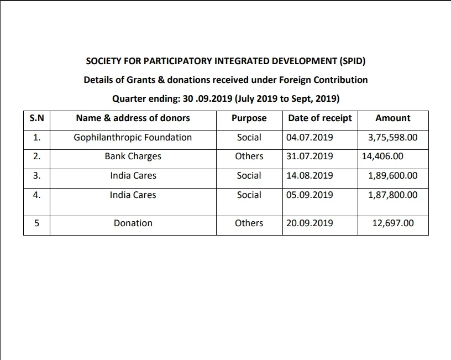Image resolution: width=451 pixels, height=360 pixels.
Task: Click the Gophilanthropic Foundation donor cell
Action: point(133,137)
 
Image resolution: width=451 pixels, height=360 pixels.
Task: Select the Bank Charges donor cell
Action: point(133,156)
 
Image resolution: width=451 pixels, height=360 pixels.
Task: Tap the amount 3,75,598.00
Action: point(392,137)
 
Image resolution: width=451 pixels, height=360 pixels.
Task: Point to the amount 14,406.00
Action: point(382,156)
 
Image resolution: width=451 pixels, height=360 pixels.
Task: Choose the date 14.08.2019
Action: point(310,176)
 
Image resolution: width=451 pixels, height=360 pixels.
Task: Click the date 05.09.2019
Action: point(310,195)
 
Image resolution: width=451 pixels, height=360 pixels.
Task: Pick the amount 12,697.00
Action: point(393,223)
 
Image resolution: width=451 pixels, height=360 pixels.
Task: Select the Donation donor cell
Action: point(133,223)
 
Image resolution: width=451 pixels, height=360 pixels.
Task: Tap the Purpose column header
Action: point(249,118)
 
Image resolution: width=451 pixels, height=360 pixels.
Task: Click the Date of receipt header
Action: point(320,118)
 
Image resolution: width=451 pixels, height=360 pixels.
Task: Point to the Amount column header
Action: point(392,118)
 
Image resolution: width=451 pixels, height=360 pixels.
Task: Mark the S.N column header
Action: point(36,118)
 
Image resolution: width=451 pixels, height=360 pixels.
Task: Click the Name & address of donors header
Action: point(133,118)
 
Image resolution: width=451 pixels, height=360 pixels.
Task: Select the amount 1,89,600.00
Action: point(392,176)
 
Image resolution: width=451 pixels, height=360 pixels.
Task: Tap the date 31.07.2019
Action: point(310,156)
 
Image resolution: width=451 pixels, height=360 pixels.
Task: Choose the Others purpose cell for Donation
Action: point(249,223)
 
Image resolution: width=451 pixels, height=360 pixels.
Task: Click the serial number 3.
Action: point(36,176)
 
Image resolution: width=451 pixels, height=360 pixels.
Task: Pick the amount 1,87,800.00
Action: point(392,195)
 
